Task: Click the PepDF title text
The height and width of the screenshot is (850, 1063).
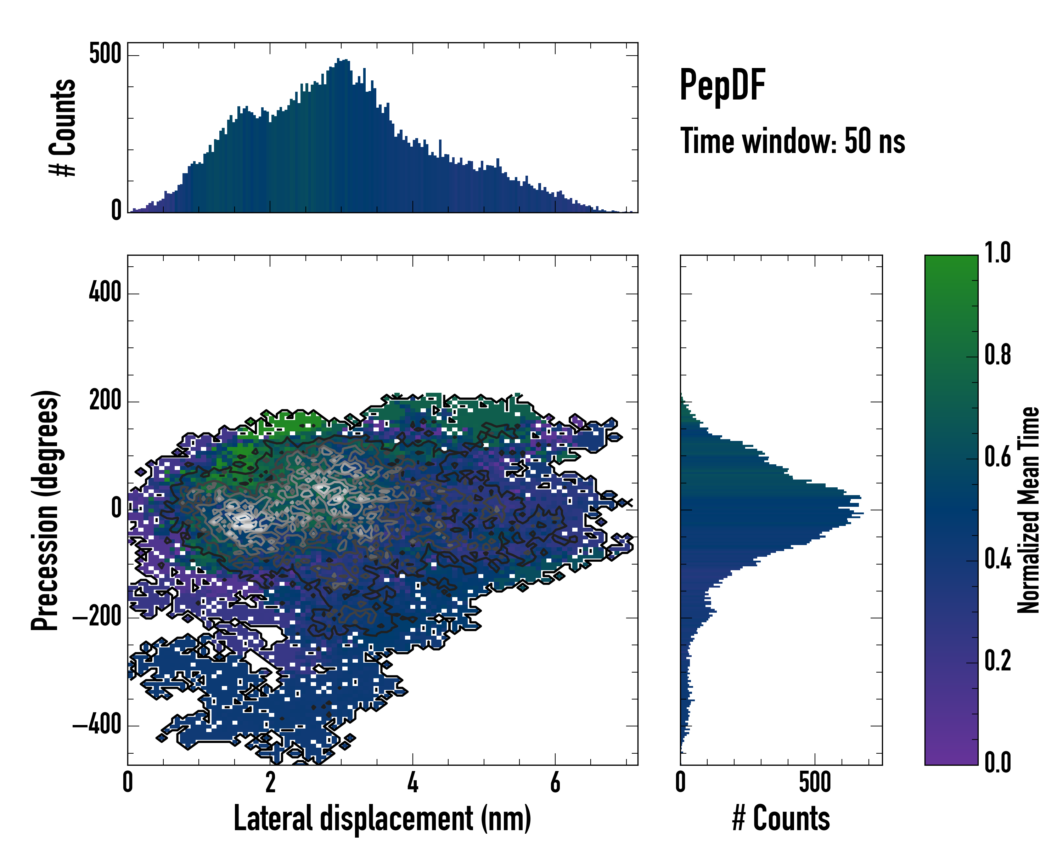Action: (x=722, y=85)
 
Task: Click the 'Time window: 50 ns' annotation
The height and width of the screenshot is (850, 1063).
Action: (x=792, y=141)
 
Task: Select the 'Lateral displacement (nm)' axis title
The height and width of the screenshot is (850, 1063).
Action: (x=382, y=818)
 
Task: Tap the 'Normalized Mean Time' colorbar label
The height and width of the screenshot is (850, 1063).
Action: (x=1029, y=510)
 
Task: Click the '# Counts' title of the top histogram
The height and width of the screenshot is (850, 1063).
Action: (x=63, y=127)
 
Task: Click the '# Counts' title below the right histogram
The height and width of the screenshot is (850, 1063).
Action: (x=781, y=818)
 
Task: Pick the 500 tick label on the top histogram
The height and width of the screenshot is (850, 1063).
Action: (x=105, y=54)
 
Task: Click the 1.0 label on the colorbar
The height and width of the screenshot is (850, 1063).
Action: (x=997, y=253)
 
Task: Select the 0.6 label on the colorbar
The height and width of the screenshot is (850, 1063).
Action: (x=997, y=457)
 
